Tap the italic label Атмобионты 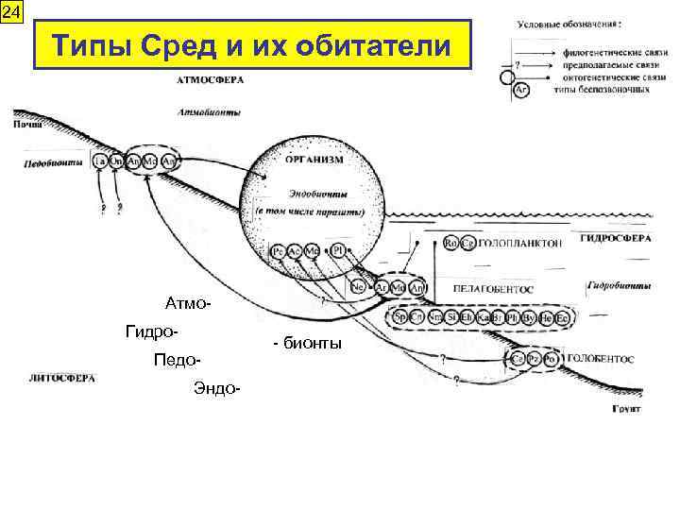coord(208,112)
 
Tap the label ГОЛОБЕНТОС coord(601,359)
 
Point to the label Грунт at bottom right coord(625,410)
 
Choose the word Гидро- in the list coord(152,331)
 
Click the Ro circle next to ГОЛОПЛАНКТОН coord(450,243)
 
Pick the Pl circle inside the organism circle coord(337,251)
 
